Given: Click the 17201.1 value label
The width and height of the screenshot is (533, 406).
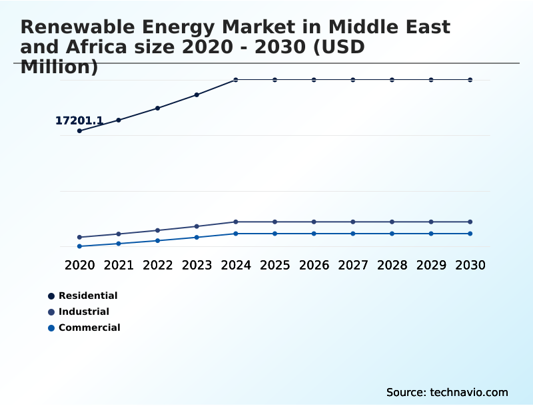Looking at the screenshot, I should click(79, 120).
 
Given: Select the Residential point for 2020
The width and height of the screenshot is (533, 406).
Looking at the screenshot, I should click(79, 131).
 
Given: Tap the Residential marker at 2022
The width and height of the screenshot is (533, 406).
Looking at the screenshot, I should click(158, 108).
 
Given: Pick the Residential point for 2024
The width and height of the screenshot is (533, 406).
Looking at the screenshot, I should click(236, 80).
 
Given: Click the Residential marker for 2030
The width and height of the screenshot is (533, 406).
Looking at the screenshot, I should click(470, 80).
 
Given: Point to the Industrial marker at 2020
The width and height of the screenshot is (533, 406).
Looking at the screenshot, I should click(79, 237).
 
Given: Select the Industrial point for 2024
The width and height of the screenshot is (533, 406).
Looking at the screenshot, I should click(236, 222).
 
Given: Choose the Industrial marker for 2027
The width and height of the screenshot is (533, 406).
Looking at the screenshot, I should click(353, 222).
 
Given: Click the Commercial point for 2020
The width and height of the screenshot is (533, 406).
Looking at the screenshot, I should click(79, 246).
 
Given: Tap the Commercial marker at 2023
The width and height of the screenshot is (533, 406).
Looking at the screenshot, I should click(197, 237).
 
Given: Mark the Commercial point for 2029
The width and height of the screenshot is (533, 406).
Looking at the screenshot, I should click(431, 234).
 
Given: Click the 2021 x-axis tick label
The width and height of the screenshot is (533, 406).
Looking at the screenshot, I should click(119, 265).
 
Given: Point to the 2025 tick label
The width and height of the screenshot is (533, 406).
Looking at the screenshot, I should click(274, 265).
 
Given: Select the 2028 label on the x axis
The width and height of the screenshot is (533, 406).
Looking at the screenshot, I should click(392, 265).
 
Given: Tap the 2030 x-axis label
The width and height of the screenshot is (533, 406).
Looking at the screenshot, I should click(470, 265).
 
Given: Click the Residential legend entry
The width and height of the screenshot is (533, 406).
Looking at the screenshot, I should click(87, 296).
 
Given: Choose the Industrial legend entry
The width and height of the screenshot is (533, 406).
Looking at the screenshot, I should click(83, 311).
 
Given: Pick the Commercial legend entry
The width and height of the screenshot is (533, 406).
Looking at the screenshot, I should click(89, 327).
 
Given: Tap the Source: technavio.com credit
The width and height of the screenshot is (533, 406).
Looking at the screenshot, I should click(447, 392).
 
